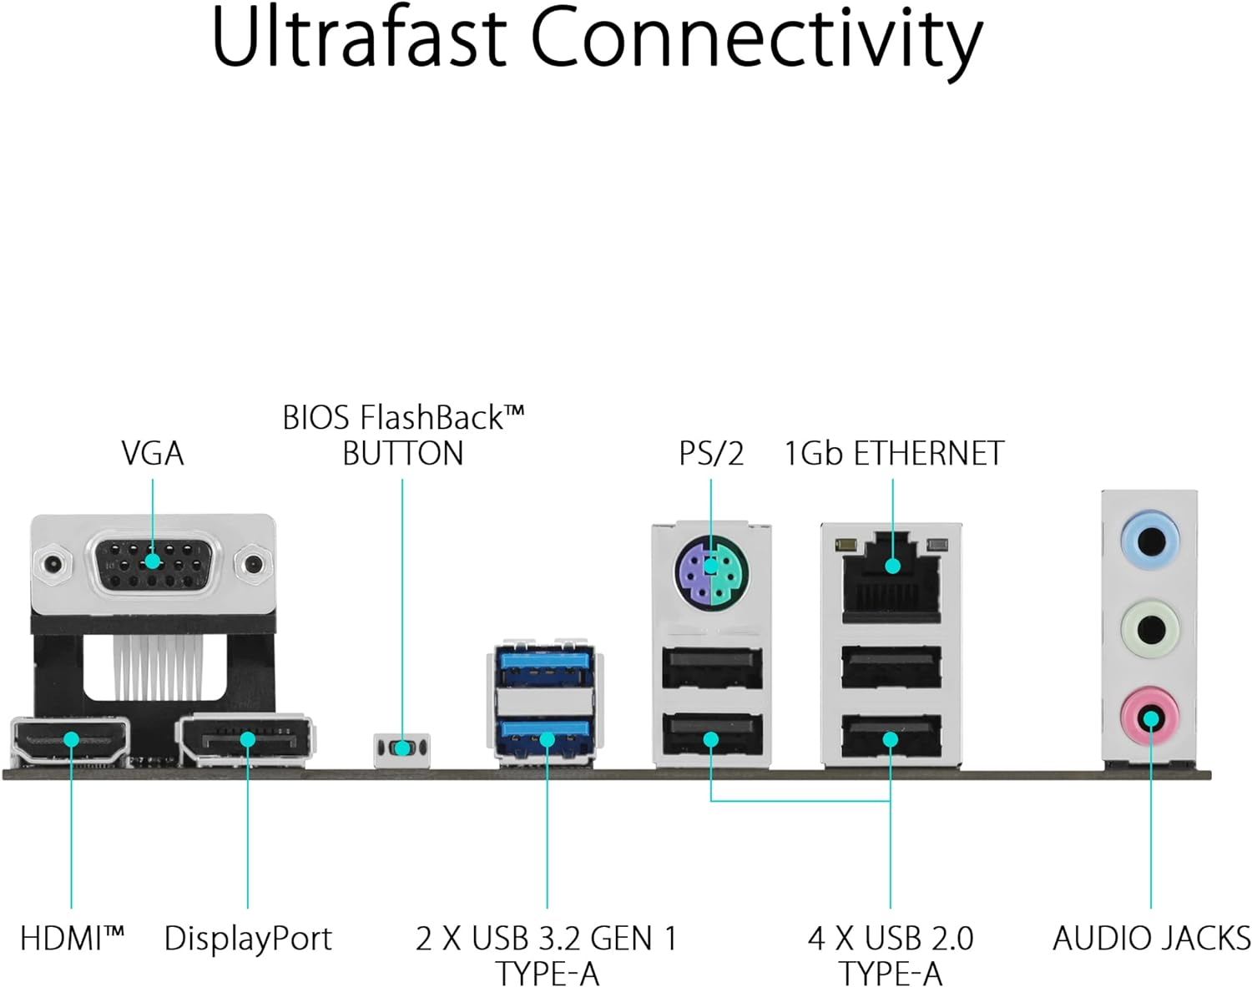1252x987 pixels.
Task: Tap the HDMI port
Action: point(71,740)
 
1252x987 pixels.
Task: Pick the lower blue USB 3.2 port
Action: point(545,736)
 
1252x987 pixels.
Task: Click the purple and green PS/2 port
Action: point(710,576)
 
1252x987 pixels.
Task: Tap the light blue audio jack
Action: point(1150,541)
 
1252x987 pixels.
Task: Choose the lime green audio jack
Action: point(1150,629)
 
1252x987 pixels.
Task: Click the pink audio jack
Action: point(1150,718)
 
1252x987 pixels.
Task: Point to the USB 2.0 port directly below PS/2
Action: point(711,667)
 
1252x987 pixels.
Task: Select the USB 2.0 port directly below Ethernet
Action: point(891,667)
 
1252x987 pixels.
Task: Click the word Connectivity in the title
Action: point(756,39)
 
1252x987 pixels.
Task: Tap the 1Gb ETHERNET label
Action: point(893,453)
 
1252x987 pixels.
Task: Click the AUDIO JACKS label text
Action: point(1151,939)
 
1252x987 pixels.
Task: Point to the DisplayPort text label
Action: point(248,939)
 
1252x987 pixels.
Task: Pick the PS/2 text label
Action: point(710,453)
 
